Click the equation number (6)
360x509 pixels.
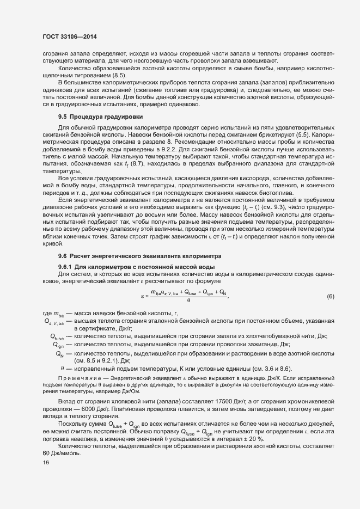[x=330, y=296]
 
